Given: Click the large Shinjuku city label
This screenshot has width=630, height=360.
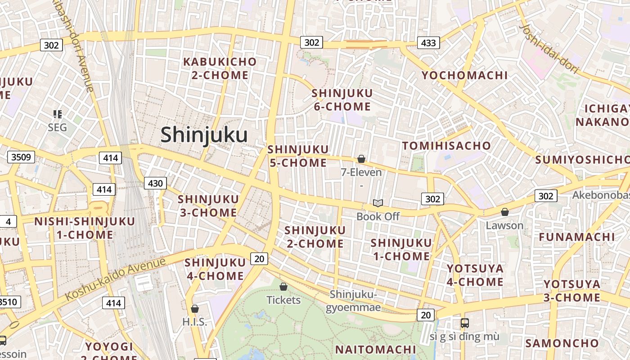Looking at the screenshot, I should point(204,135).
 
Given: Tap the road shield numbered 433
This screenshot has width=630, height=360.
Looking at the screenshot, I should point(428,43).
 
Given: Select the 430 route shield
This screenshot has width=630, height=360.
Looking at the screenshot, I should point(155,183).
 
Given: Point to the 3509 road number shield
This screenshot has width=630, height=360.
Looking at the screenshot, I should point(21,157).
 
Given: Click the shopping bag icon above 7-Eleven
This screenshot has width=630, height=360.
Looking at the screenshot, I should point(361,159).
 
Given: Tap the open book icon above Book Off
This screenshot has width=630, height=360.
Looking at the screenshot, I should point(378,203).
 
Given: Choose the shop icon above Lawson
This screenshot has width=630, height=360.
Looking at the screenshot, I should point(505,212).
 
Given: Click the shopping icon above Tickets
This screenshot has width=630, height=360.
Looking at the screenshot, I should point(283,287).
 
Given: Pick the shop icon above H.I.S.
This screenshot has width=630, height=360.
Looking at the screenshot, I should point(195,309).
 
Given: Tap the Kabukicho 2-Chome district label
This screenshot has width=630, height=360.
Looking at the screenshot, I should point(220,68).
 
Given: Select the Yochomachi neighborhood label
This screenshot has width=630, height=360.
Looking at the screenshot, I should point(464,75).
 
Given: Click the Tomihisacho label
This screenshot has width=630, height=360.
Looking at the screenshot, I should point(446,146).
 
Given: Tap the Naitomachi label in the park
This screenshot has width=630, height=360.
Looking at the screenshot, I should point(376,349).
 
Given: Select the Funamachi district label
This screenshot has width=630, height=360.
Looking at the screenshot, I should point(577,237).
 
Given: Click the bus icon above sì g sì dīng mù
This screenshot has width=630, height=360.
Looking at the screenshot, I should point(464,323).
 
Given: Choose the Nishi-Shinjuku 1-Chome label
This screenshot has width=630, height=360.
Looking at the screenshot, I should point(85,228).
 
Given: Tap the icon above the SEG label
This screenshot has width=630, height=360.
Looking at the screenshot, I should point(57,114).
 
